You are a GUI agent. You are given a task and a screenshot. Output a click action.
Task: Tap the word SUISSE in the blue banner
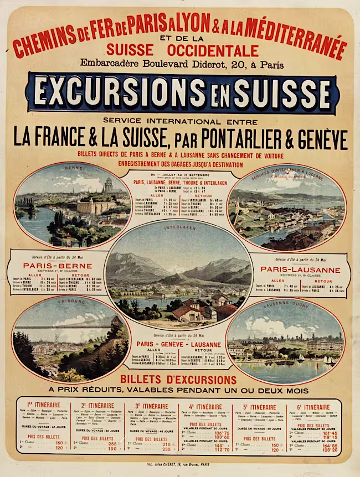point(279,92)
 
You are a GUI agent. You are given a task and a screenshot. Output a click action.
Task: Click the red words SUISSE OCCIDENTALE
point(182,50)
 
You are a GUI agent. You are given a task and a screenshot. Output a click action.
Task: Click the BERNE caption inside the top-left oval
point(73,168)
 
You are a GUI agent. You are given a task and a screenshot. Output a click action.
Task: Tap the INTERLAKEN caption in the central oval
point(178,227)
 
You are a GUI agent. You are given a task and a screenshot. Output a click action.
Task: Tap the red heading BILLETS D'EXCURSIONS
point(178,380)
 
